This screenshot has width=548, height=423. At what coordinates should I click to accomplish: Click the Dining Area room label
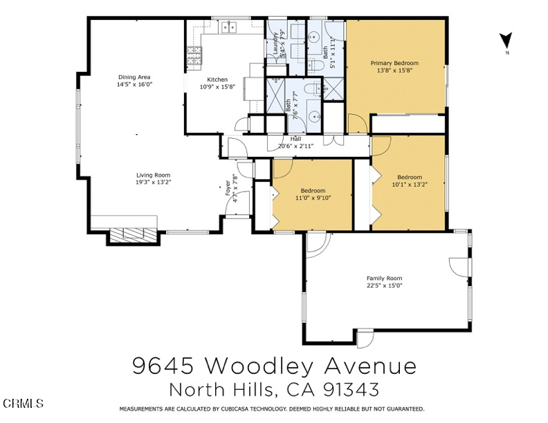point(134,77)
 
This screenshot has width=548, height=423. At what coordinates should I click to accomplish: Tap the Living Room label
point(153,175)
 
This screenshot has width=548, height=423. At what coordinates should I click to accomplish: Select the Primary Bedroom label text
point(394,63)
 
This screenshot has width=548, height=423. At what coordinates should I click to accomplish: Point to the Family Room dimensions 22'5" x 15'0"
point(384,285)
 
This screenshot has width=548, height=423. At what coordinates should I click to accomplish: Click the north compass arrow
point(506,41)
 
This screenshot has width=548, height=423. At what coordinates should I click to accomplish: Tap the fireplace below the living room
point(134,234)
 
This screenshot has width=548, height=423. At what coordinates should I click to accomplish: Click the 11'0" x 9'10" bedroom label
point(313,198)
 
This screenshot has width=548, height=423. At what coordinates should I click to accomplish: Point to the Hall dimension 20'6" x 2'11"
point(295,146)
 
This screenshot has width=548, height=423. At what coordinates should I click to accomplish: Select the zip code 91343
point(353,390)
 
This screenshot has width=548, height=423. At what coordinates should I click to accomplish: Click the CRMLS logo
point(23,403)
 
